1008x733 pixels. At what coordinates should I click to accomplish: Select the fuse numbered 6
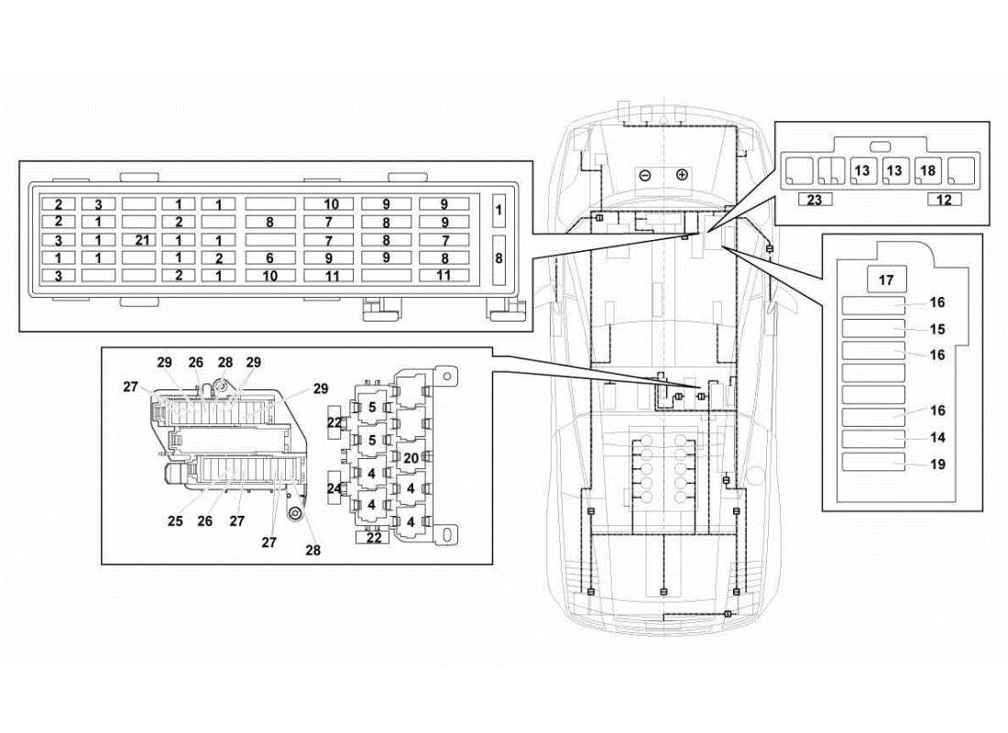click(269, 258)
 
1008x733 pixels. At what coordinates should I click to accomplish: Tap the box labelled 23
click(815, 199)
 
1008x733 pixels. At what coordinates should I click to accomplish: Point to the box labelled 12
click(944, 199)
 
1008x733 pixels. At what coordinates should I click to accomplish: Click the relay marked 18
click(927, 170)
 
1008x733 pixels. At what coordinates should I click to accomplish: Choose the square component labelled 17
click(886, 279)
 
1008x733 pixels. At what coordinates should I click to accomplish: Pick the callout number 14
click(937, 438)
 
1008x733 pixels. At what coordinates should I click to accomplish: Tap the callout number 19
click(937, 465)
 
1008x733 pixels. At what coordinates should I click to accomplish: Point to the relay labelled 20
click(411, 457)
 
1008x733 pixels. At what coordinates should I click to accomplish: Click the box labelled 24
click(334, 488)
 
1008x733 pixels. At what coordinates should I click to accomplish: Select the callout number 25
click(175, 520)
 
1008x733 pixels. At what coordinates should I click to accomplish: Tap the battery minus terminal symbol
click(645, 175)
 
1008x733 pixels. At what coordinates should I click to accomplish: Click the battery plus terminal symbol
click(682, 175)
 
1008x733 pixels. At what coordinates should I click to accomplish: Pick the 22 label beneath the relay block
click(374, 538)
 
